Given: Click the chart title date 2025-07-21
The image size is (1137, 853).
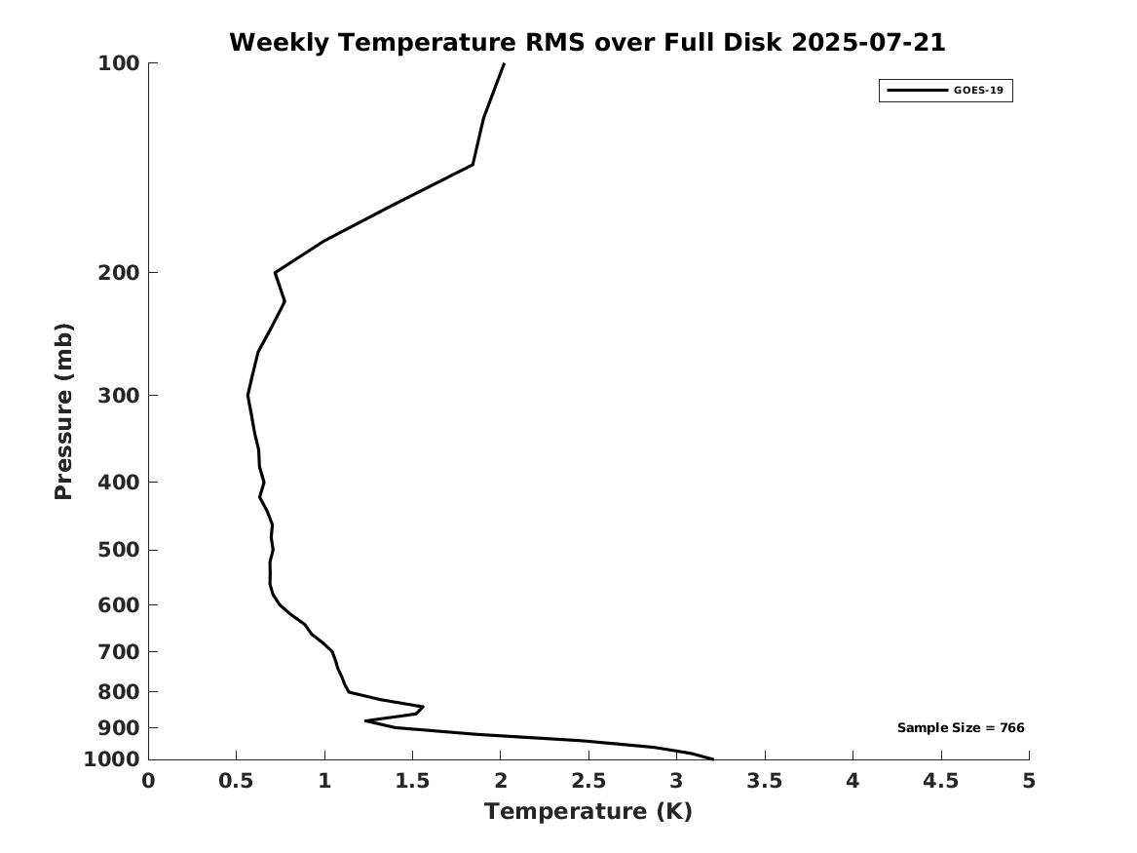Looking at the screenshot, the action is [x=868, y=42].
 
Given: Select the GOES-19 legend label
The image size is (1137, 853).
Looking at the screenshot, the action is [x=978, y=91].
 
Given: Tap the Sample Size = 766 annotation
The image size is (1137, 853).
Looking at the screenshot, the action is [x=961, y=727].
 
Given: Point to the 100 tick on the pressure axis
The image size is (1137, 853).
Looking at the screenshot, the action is [x=118, y=63].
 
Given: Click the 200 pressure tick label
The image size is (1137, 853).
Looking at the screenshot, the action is [x=118, y=273].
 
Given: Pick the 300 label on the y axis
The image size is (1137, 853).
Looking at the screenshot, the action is [x=118, y=396].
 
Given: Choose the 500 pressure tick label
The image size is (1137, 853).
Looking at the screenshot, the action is [x=118, y=550].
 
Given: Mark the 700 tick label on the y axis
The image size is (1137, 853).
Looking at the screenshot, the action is [x=118, y=652].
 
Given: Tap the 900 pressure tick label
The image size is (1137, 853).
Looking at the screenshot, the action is [x=118, y=727].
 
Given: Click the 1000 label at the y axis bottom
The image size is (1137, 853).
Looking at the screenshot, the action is [x=112, y=759].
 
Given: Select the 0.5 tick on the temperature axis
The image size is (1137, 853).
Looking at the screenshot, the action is [x=237, y=781].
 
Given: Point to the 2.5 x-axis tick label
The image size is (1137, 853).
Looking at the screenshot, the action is [x=588, y=781].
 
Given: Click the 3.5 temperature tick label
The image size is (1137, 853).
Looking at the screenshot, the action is [x=764, y=781].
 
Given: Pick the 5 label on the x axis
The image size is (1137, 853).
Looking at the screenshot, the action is [x=1029, y=781].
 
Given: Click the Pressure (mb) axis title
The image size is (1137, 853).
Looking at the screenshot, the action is [x=63, y=411].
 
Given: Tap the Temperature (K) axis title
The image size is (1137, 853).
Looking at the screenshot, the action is [x=588, y=811].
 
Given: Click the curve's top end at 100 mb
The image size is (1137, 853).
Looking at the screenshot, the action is [x=504, y=63].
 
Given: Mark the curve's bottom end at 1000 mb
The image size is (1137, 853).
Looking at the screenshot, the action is [x=713, y=759].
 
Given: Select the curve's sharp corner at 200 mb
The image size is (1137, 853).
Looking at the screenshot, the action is [x=276, y=273].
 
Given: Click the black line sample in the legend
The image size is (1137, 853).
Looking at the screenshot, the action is [x=917, y=91].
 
